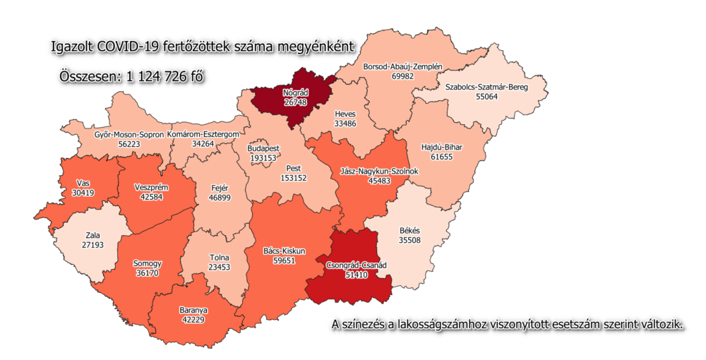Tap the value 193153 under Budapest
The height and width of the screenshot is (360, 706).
click(x=263, y=158)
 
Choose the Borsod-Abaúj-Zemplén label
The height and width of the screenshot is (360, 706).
click(x=402, y=66)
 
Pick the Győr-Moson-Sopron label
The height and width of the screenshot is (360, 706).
click(x=128, y=133)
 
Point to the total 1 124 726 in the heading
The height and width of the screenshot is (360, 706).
click(x=159, y=76)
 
